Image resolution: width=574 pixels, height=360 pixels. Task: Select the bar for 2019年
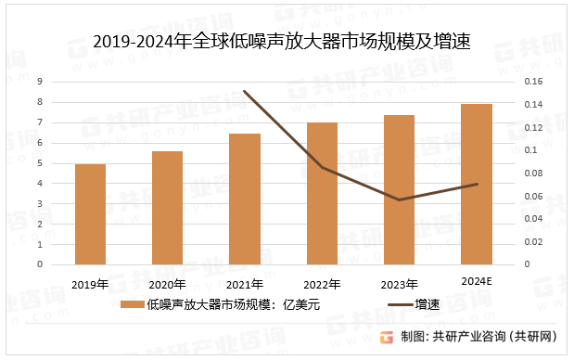pyautogui.click(x=90, y=214)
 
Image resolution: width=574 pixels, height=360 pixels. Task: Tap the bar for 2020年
pyautogui.click(x=168, y=208)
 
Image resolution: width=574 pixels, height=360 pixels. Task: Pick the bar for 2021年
pyautogui.click(x=245, y=199)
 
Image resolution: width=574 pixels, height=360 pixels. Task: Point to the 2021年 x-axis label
pyautogui.click(x=245, y=283)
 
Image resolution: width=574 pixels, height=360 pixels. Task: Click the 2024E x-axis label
pyautogui.click(x=477, y=279)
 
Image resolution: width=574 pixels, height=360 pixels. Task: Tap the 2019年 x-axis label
pyautogui.click(x=90, y=283)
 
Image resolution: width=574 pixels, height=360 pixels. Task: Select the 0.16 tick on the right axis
pyautogui.click(x=536, y=82)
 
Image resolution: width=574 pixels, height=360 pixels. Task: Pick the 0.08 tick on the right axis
pyautogui.click(x=536, y=173)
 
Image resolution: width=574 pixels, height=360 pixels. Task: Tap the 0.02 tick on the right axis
pyautogui.click(x=536, y=241)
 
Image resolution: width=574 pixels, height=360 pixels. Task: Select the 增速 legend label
pyautogui.click(x=427, y=304)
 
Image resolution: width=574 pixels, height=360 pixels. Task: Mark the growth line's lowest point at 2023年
pyautogui.click(x=399, y=199)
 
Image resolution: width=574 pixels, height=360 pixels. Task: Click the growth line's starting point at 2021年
pyautogui.click(x=245, y=91)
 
